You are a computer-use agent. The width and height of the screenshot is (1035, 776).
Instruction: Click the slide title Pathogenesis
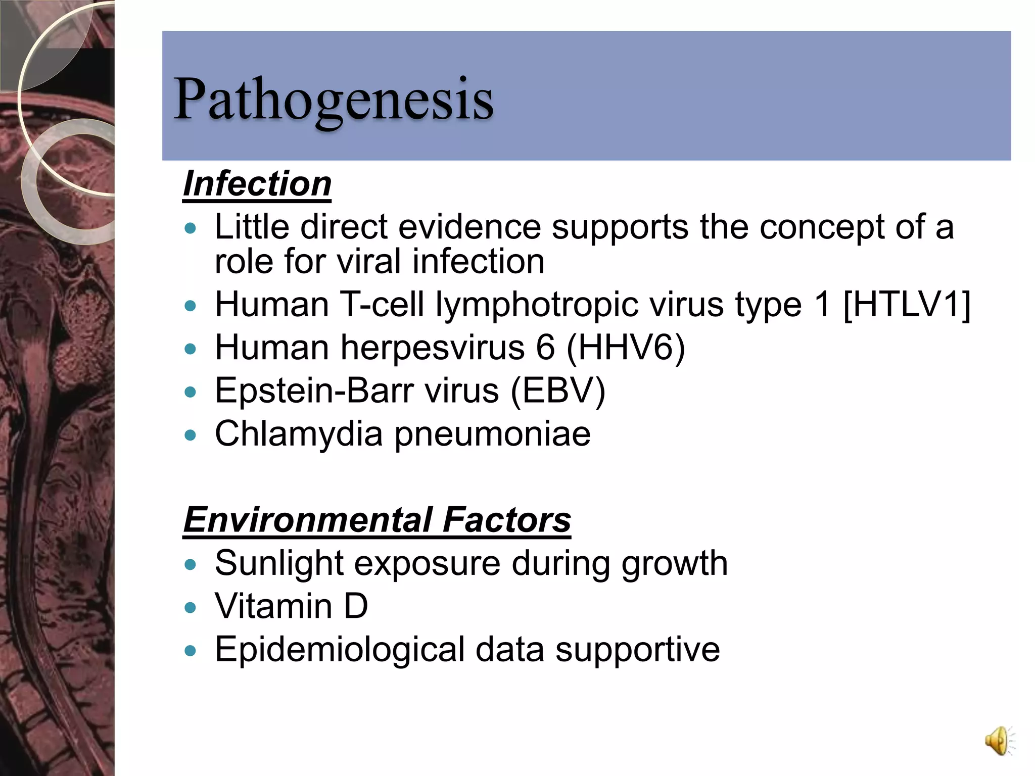333,99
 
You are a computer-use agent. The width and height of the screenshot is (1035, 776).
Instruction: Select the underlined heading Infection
257,184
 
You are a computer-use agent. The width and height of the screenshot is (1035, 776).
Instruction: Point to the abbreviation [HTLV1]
907,305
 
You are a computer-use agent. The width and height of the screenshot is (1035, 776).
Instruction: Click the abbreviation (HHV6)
626,348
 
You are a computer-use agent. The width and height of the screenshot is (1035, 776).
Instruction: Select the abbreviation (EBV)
558,391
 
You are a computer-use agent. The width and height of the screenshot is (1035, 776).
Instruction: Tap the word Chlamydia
299,434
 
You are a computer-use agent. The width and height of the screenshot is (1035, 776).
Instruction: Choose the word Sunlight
279,563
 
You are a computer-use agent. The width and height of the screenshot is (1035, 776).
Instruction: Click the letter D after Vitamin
356,606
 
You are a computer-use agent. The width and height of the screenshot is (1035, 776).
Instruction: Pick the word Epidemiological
340,650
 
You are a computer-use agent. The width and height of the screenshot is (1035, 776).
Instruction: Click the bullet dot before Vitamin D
190,607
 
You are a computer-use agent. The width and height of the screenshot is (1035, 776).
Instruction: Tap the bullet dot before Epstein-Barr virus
190,392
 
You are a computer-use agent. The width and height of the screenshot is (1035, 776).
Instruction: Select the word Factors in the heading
507,520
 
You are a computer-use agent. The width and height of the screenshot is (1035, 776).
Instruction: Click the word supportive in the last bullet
638,650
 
